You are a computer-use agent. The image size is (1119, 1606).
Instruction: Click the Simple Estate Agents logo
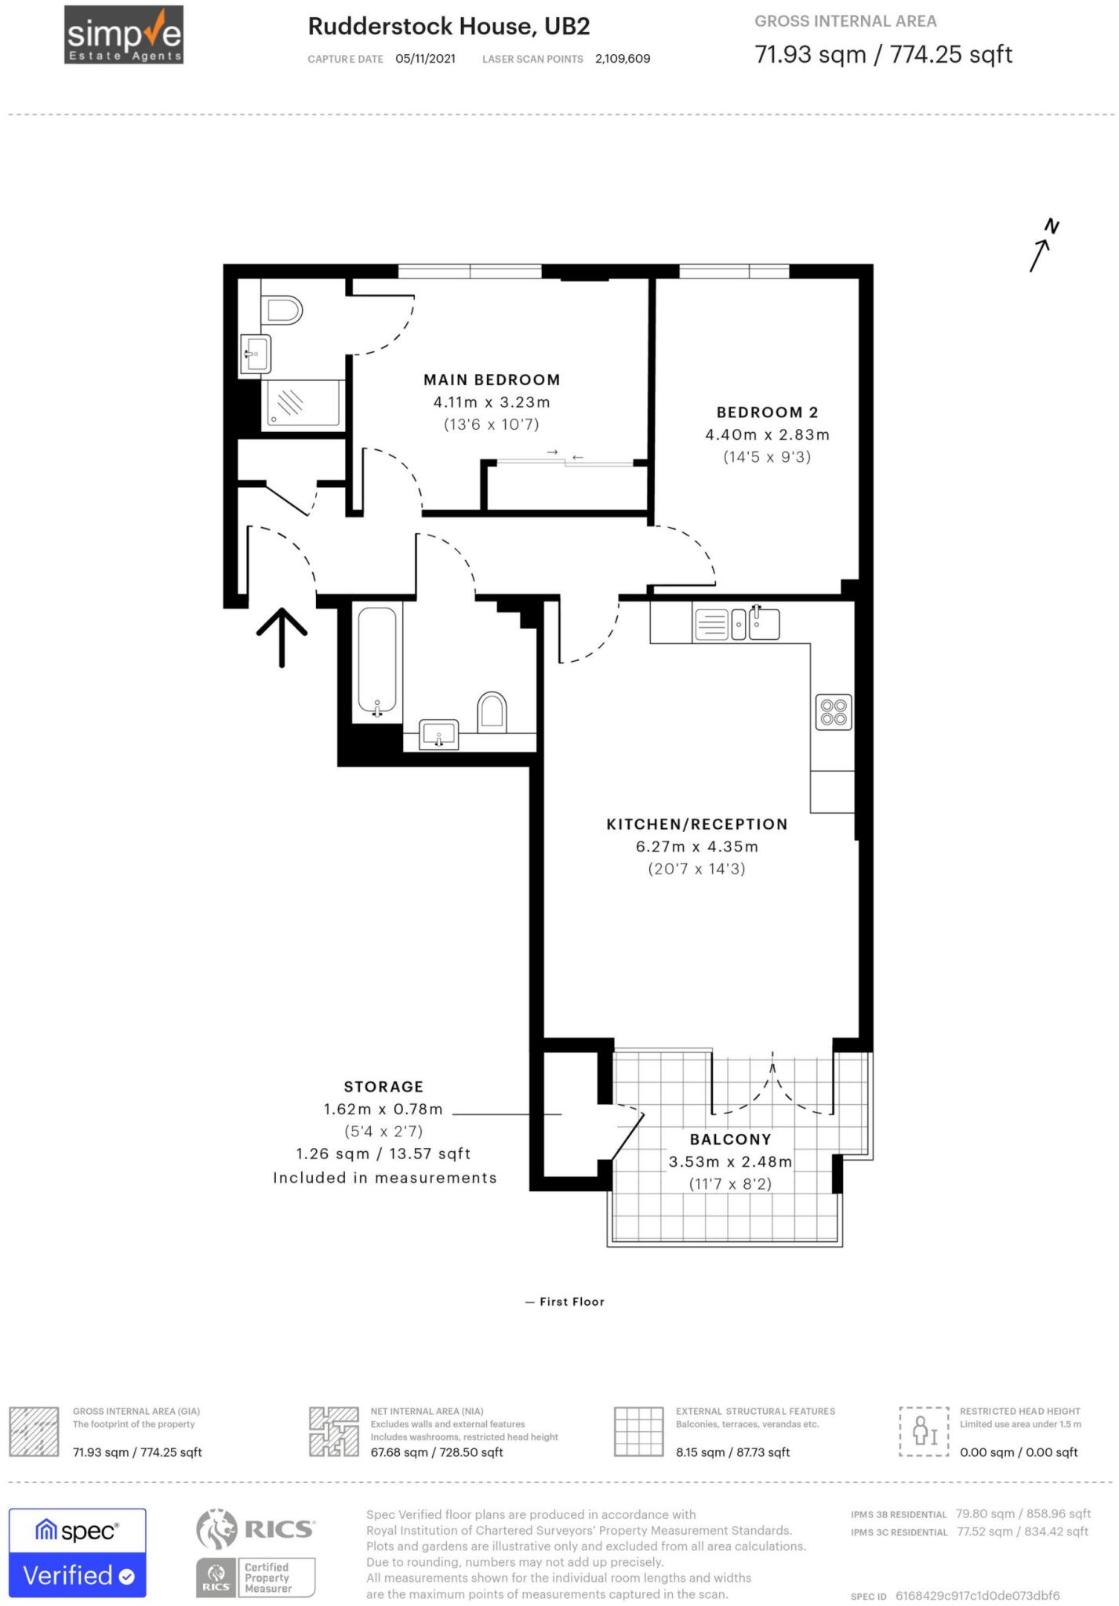point(124,35)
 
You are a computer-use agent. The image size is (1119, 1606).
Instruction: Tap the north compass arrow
point(1044,247)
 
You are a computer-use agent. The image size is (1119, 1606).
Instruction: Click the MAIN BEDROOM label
point(492,380)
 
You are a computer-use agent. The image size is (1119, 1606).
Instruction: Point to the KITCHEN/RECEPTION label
point(696,824)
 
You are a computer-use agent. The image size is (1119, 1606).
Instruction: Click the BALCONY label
point(730,1139)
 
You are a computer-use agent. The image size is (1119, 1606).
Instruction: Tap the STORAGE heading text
point(383,1087)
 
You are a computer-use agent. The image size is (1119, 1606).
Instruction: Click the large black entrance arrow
point(282,636)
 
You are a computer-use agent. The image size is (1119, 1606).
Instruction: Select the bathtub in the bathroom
point(377,663)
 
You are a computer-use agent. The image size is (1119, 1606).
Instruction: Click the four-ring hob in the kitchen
point(834,712)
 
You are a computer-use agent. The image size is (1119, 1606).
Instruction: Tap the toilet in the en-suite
point(283,310)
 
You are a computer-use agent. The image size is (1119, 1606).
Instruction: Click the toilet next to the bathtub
point(492,711)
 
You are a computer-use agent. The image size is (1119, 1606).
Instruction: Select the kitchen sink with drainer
point(736,625)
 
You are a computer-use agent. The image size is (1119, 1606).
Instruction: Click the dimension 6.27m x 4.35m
point(696,847)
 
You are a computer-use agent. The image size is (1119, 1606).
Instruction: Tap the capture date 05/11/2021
point(425,59)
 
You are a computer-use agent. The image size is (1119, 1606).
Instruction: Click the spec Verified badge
point(77,1553)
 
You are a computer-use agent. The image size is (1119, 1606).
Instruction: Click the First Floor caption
point(572,1302)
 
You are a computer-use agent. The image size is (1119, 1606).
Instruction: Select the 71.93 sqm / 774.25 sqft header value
point(883,55)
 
